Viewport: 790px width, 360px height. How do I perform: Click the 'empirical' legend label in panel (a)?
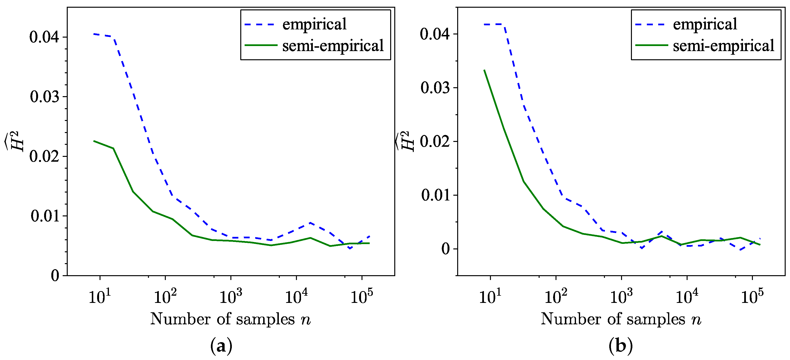(x=314, y=24)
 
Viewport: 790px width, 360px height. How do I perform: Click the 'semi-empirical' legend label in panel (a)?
(x=333, y=46)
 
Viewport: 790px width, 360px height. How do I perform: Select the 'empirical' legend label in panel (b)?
(x=705, y=24)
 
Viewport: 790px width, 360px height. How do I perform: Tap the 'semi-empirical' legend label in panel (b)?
(x=723, y=46)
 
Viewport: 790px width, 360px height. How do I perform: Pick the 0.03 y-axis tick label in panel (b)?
(x=435, y=88)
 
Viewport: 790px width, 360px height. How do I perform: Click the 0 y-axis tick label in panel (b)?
(x=445, y=249)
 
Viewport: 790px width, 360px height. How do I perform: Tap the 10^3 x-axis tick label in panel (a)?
(x=231, y=297)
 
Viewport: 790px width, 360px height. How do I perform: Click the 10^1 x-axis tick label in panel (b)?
(x=490, y=297)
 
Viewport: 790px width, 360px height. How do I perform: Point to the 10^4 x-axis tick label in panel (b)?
(x=687, y=297)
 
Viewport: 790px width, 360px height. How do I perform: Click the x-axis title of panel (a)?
(x=230, y=319)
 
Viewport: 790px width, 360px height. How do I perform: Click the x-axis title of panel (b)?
(x=621, y=319)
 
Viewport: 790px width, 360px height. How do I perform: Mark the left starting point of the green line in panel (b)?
(x=484, y=70)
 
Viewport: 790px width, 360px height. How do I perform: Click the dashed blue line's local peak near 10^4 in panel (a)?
(x=310, y=223)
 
